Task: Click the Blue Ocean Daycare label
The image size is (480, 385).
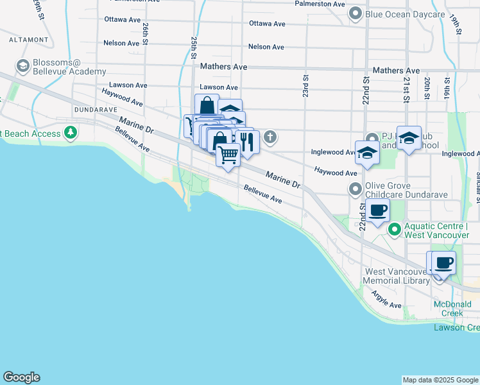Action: click(x=405, y=14)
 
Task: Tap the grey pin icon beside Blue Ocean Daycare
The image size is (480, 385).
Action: click(x=355, y=13)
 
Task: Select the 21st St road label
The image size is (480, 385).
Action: click(x=406, y=90)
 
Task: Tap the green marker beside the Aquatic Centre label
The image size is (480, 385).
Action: click(x=395, y=229)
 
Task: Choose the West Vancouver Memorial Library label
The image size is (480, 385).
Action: click(x=396, y=276)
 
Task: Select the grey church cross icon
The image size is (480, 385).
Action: click(x=271, y=136)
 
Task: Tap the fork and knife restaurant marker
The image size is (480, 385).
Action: click(x=247, y=141)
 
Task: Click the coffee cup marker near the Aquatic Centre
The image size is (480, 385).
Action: click(x=379, y=210)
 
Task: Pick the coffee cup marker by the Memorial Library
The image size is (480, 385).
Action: click(x=443, y=262)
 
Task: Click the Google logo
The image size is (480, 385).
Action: click(x=21, y=378)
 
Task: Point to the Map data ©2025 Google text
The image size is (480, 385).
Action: click(x=440, y=380)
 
